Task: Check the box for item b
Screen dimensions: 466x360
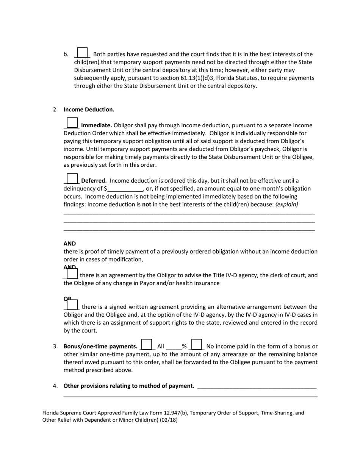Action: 82,53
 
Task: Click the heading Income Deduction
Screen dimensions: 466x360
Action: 89,109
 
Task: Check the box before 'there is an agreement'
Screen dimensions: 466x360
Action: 72,274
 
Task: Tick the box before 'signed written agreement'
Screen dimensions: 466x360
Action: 72,305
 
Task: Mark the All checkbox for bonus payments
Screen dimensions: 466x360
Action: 147,344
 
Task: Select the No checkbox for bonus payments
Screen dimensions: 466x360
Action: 197,344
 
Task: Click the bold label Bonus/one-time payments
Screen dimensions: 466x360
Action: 100,346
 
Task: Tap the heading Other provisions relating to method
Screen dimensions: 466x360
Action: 129,386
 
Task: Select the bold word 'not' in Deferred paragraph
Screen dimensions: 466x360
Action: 147,204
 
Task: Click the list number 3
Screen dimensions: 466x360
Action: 55,346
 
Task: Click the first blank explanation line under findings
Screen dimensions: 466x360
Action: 189,214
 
